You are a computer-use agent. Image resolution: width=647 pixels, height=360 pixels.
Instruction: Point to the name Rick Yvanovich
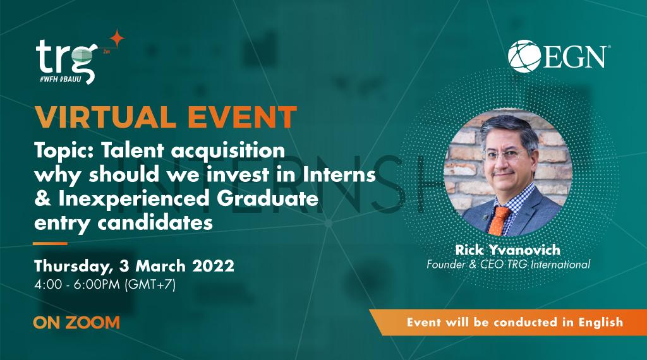(x=509, y=251)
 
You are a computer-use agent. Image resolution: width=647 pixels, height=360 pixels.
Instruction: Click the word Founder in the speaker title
(x=447, y=265)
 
